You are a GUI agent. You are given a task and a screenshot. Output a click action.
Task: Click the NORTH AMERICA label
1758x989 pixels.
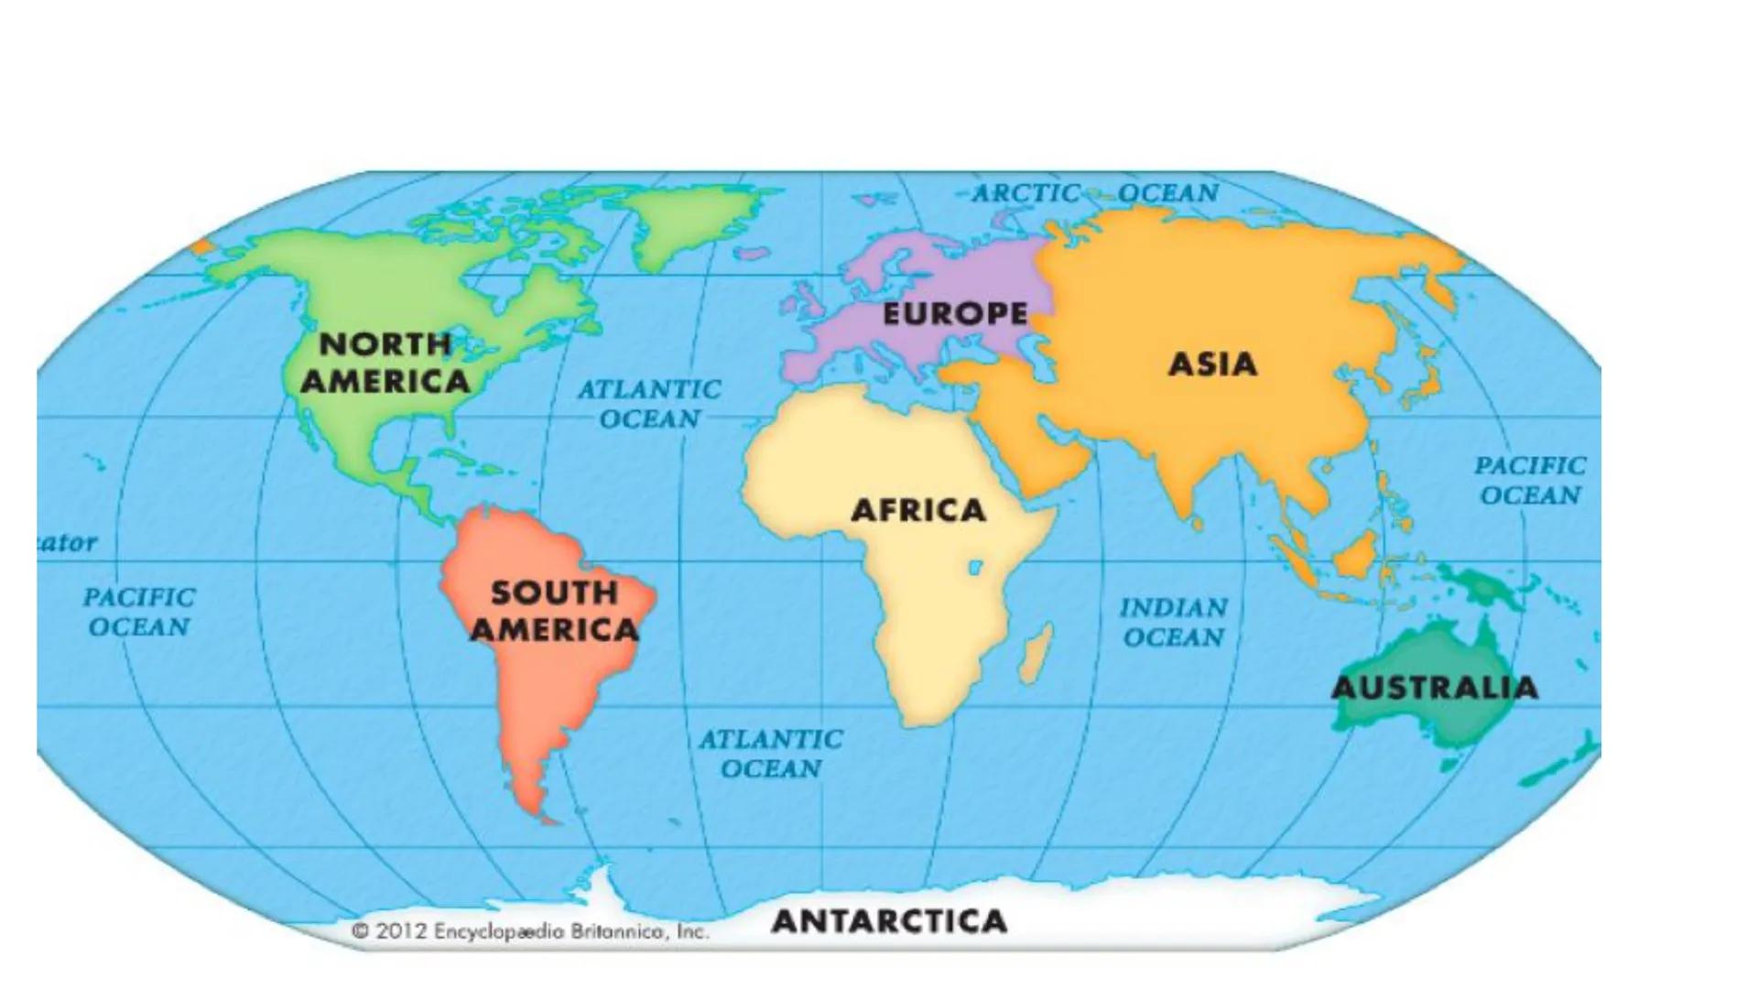385,363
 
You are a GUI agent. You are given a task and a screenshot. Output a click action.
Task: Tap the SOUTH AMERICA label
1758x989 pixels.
555,611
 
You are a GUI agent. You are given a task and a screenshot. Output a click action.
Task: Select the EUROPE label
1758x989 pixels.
955,314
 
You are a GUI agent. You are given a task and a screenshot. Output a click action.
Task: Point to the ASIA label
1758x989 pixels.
1213,364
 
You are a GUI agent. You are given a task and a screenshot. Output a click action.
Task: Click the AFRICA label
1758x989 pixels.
918,510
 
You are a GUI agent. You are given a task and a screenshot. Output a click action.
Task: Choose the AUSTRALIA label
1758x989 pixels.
1434,688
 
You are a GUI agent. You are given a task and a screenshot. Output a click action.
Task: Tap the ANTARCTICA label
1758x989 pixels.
889,920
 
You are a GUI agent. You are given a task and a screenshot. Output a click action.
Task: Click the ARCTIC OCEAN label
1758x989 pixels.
1095,193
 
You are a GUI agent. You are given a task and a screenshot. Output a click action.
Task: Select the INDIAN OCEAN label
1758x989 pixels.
1174,623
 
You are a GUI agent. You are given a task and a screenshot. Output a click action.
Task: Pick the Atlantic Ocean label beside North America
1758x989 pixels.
649,404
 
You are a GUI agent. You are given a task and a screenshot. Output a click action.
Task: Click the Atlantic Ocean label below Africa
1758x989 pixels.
771,754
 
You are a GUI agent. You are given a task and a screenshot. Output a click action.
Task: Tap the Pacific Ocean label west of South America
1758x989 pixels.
139,612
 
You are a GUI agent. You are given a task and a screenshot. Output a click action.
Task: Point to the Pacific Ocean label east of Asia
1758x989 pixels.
1530,480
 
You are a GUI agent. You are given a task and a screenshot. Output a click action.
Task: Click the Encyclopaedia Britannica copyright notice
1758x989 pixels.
530,931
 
